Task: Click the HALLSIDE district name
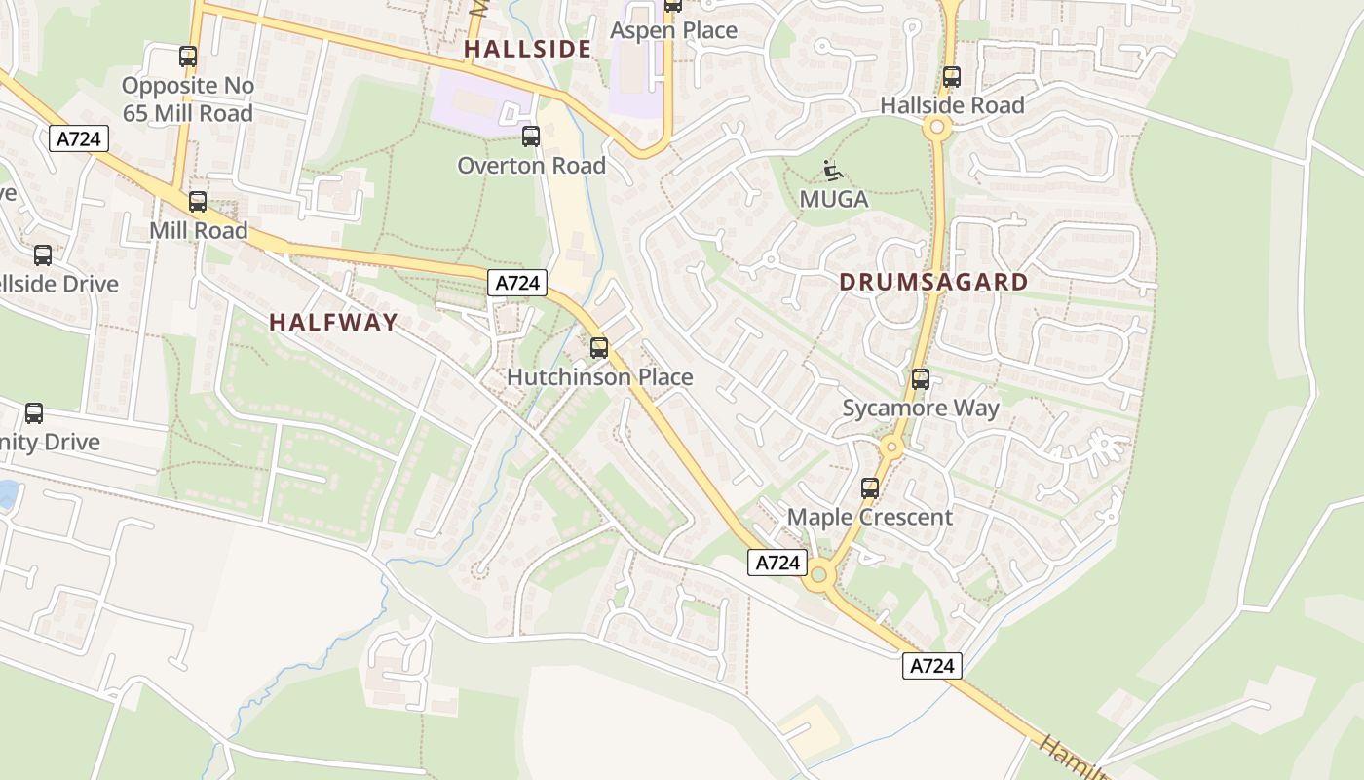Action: pyautogui.click(x=527, y=49)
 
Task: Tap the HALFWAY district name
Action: pyautogui.click(x=333, y=322)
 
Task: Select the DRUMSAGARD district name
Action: pyautogui.click(x=933, y=282)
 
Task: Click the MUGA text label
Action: pyautogui.click(x=833, y=199)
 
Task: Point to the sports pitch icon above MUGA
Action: pyautogui.click(x=832, y=171)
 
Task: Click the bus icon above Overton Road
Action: pyautogui.click(x=531, y=136)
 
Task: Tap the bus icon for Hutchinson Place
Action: pyautogui.click(x=599, y=347)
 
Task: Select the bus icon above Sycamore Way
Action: pyautogui.click(x=921, y=379)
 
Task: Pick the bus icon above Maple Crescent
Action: pyautogui.click(x=870, y=488)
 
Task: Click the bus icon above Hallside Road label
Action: pyautogui.click(x=952, y=77)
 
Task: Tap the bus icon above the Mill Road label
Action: pyautogui.click(x=198, y=202)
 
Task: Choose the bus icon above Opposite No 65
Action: pyautogui.click(x=188, y=57)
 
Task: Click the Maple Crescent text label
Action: pyautogui.click(x=869, y=517)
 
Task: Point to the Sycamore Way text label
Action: pyautogui.click(x=921, y=408)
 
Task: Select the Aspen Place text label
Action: pyautogui.click(x=673, y=30)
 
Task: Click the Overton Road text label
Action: pyautogui.click(x=531, y=165)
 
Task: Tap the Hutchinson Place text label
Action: pyautogui.click(x=599, y=376)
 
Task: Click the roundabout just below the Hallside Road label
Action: pyautogui.click(x=937, y=126)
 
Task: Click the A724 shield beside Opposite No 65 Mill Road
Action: pyautogui.click(x=79, y=138)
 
